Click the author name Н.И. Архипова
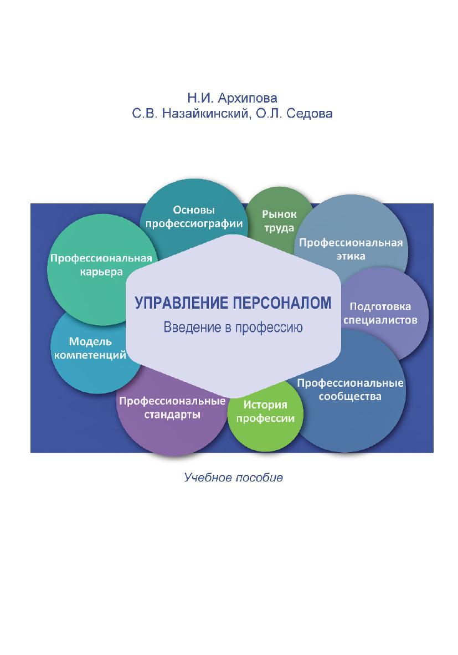coord(232,98)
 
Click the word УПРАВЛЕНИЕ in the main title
coord(182,303)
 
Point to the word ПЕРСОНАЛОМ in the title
coord(282,303)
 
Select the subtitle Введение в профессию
coord(233,327)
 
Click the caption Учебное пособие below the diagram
coord(233,478)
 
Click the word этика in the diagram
coord(351,256)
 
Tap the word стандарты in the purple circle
coord(172,415)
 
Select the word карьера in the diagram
coord(101,272)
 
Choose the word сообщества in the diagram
coord(350,396)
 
